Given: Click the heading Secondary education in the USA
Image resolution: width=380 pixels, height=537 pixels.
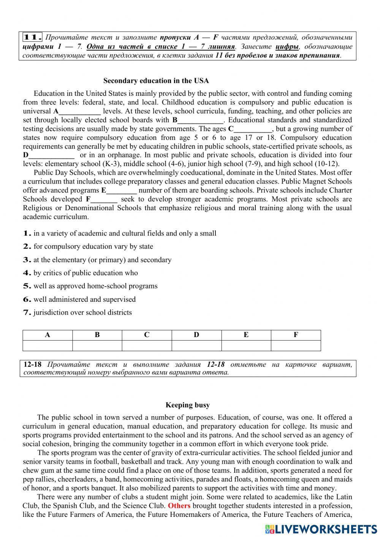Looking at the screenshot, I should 156,81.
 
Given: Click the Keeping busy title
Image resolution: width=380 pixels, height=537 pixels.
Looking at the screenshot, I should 187,405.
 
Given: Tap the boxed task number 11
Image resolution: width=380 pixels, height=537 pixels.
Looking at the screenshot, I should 32,37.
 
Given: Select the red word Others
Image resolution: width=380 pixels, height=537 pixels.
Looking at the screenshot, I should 179,506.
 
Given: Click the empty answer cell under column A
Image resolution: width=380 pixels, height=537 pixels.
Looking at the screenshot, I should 47,345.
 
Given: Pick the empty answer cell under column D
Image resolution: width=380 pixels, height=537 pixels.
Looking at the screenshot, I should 196,345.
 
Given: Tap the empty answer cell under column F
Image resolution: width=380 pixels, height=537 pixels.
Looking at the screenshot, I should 296,345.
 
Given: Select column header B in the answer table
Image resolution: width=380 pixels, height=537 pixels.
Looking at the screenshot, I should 97,335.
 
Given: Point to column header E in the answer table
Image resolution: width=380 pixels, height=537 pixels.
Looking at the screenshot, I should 246,335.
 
